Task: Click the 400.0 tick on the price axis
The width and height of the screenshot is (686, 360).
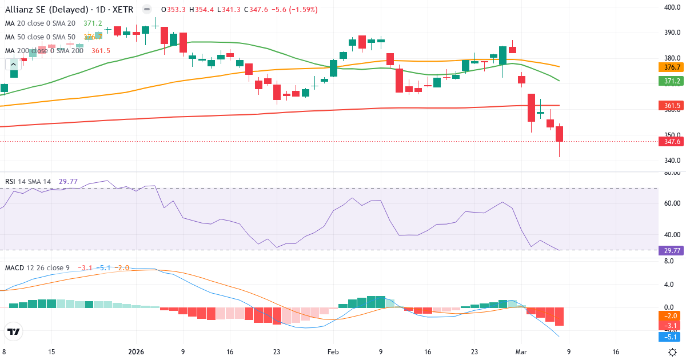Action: pyautogui.click(x=671, y=7)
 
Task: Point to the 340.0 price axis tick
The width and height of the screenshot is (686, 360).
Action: pyautogui.click(x=671, y=161)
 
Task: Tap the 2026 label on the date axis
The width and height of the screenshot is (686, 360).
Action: pyautogui.click(x=136, y=352)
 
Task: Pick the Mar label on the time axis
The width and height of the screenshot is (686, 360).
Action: pyautogui.click(x=521, y=352)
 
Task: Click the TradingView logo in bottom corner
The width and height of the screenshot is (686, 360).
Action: pyautogui.click(x=14, y=331)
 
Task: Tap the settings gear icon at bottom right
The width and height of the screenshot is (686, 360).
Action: pyautogui.click(x=673, y=352)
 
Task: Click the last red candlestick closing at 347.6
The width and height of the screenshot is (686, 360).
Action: pyautogui.click(x=559, y=134)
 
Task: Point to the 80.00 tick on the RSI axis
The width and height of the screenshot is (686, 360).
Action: pyautogui.click(x=671, y=172)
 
